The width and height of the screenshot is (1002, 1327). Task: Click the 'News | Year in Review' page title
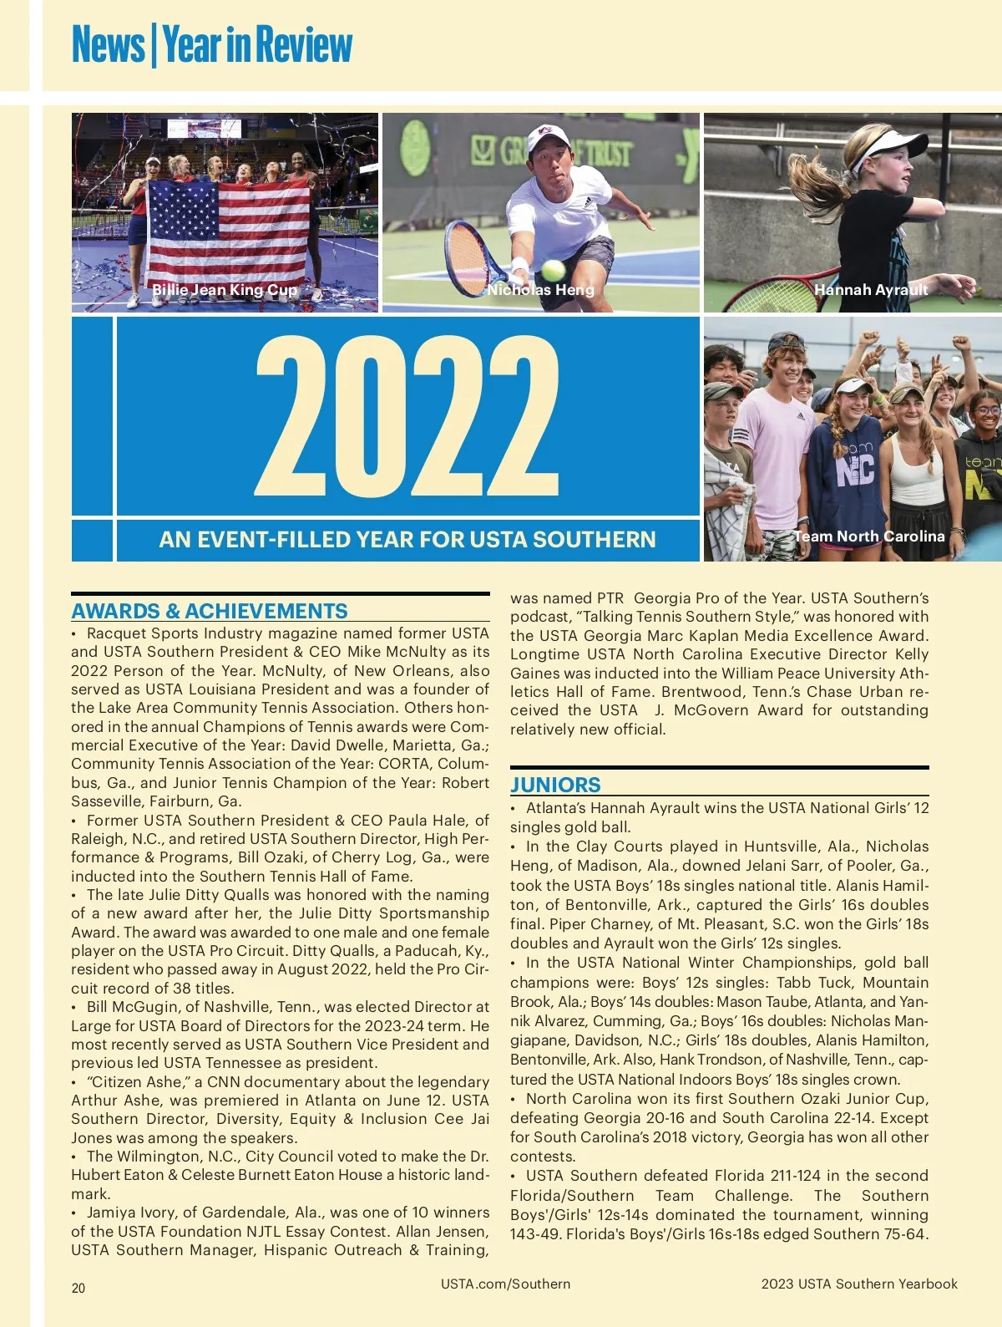point(212,45)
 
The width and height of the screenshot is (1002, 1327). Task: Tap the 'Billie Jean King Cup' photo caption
point(224,291)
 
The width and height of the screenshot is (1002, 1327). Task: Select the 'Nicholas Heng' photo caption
point(540,290)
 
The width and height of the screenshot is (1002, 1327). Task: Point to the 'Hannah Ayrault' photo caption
point(871,290)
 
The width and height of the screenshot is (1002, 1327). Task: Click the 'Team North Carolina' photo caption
point(868,536)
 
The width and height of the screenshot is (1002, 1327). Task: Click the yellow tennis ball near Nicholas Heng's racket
point(553,270)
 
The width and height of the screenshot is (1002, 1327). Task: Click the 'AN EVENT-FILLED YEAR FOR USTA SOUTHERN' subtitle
point(407,540)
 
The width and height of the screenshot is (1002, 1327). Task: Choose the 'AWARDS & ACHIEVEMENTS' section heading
point(209,611)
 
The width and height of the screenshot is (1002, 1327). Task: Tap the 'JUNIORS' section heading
point(555,785)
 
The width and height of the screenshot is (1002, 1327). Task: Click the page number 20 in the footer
point(78,1288)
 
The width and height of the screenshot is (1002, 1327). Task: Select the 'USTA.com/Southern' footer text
point(505,1284)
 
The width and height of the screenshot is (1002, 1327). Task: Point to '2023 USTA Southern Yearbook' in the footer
point(859,1284)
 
